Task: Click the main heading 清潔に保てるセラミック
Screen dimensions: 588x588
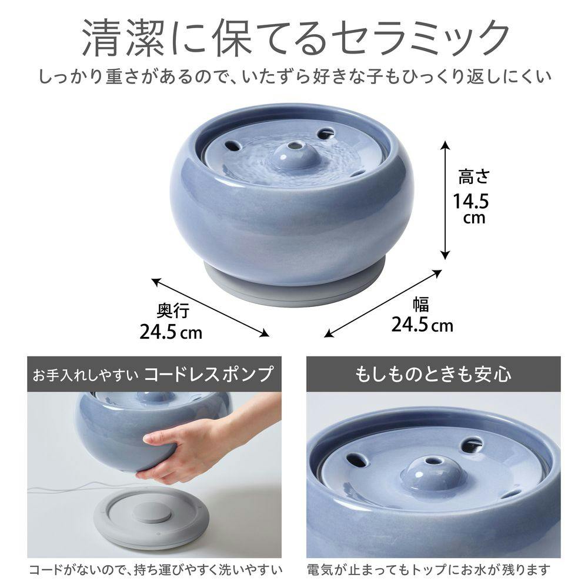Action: (x=294, y=36)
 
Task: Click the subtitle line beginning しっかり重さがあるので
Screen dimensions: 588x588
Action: (x=294, y=76)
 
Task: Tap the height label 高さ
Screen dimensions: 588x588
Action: (x=473, y=176)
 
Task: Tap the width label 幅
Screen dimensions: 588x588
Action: (x=420, y=305)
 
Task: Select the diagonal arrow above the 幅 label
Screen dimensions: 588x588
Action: (x=383, y=303)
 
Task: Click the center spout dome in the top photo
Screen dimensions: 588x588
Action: (x=292, y=156)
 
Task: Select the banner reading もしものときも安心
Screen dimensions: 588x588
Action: (x=433, y=374)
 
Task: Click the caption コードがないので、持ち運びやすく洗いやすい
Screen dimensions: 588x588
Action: (x=156, y=570)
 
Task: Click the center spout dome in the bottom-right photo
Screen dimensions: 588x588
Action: (x=432, y=470)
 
